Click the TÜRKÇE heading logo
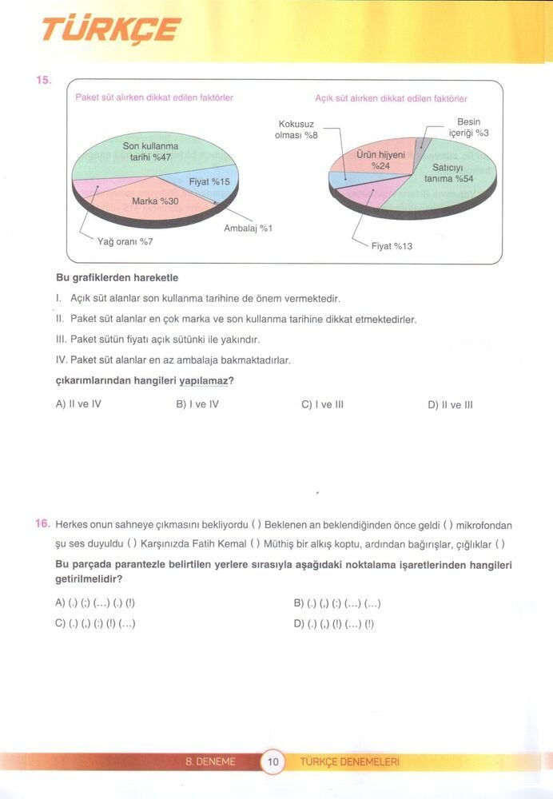pyautogui.click(x=111, y=30)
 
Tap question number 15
pyautogui.click(x=43, y=80)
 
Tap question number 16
pyautogui.click(x=43, y=524)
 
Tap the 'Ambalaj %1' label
pyautogui.click(x=249, y=229)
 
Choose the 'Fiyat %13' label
pyautogui.click(x=392, y=246)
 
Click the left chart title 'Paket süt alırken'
pyautogui.click(x=153, y=97)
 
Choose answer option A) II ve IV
pyautogui.click(x=78, y=404)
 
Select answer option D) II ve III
pyautogui.click(x=451, y=404)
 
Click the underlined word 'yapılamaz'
pyautogui.click(x=203, y=381)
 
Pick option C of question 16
pyautogui.click(x=95, y=624)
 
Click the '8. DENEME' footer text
pyautogui.click(x=210, y=762)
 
